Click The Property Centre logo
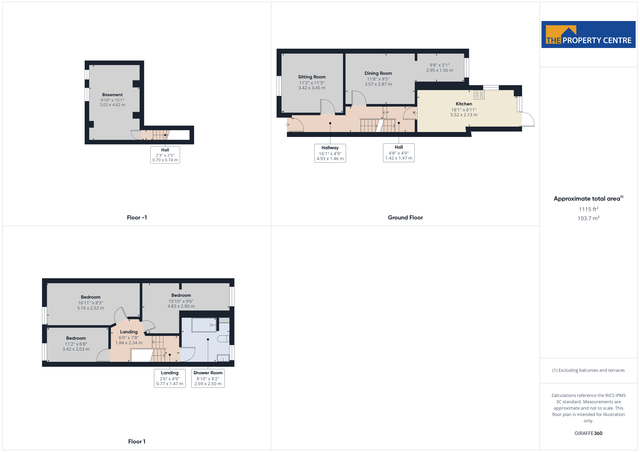pyautogui.click(x=588, y=35)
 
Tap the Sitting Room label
pyautogui.click(x=312, y=77)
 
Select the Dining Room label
pyautogui.click(x=378, y=73)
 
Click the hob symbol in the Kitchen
pyautogui.click(x=479, y=95)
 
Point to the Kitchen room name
pyautogui.click(x=464, y=104)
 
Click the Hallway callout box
pyautogui.click(x=330, y=153)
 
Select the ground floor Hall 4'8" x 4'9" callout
pyautogui.click(x=399, y=152)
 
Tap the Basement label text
pyautogui.click(x=112, y=95)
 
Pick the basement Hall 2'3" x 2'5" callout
pyautogui.click(x=165, y=155)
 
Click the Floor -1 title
pyautogui.click(x=137, y=217)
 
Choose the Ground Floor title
pyautogui.click(x=405, y=217)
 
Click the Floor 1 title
pyautogui.click(x=137, y=441)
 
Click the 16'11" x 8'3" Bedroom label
pyautogui.click(x=91, y=297)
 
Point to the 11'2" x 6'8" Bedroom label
pyautogui.click(x=76, y=338)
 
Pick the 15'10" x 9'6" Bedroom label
pyautogui.click(x=181, y=295)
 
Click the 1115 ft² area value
pyautogui.click(x=588, y=209)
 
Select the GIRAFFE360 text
pyautogui.click(x=588, y=433)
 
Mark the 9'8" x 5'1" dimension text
pyautogui.click(x=440, y=65)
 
